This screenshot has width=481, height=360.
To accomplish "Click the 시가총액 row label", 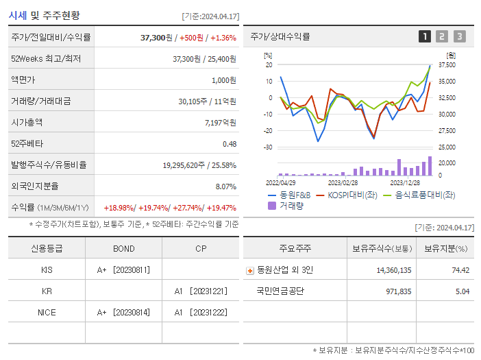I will (x=27, y=123).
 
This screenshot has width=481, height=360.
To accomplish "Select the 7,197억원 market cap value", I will (x=220, y=123).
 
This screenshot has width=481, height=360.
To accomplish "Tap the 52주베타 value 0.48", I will (x=229, y=144).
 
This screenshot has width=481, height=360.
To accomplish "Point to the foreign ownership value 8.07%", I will (x=225, y=187).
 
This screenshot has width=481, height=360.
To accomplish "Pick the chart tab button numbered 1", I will (x=425, y=36).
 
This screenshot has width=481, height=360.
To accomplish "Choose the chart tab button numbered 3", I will (x=459, y=36).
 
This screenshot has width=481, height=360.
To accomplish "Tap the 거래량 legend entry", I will (x=291, y=206).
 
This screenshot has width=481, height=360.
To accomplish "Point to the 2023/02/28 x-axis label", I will (x=343, y=182).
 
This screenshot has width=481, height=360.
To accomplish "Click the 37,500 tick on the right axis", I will (x=447, y=65).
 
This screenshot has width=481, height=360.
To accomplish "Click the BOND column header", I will (x=123, y=248).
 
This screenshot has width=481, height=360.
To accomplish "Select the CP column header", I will (x=200, y=248).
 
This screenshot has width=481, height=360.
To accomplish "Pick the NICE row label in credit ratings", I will (x=47, y=312).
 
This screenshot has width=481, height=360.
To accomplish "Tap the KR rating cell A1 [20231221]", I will (x=200, y=291).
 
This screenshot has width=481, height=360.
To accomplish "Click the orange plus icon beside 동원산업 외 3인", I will (x=249, y=270).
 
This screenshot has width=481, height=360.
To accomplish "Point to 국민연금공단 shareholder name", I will (x=280, y=291).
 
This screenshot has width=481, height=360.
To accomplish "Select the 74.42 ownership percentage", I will (x=460, y=270).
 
